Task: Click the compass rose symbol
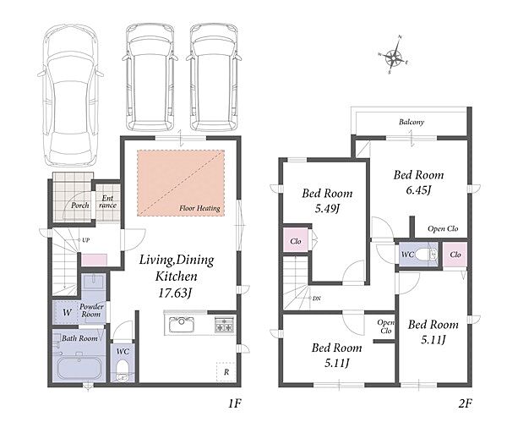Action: tap(393, 56)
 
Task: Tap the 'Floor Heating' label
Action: tap(199, 208)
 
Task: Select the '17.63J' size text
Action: tap(175, 293)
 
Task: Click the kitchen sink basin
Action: tap(182, 325)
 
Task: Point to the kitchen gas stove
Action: tap(225, 325)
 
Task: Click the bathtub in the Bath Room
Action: tap(79, 369)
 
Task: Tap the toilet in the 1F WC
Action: tap(123, 370)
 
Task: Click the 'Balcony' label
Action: tap(412, 122)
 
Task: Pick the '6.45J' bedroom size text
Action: tap(418, 190)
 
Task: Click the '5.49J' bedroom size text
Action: tap(327, 208)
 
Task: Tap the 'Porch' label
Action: tap(80, 206)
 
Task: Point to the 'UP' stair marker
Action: tap(85, 240)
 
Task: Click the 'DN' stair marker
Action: tap(317, 299)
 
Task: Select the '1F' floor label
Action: tap(234, 403)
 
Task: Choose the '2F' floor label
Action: tap(466, 403)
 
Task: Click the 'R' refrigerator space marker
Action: tap(226, 372)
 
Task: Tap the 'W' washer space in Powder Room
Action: tap(67, 312)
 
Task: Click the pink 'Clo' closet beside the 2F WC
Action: tap(455, 255)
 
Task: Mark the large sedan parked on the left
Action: tap(71, 96)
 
